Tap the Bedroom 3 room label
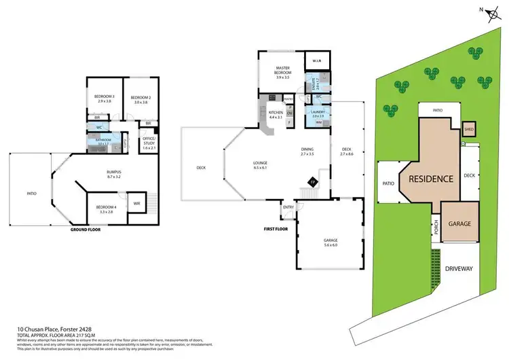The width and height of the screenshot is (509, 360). (x=104, y=99)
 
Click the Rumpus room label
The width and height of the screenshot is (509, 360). (x=104, y=175)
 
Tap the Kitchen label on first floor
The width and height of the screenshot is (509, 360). (x=276, y=114)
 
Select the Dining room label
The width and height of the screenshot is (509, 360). (x=308, y=151)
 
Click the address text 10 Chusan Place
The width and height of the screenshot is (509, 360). (x=41, y=327)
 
